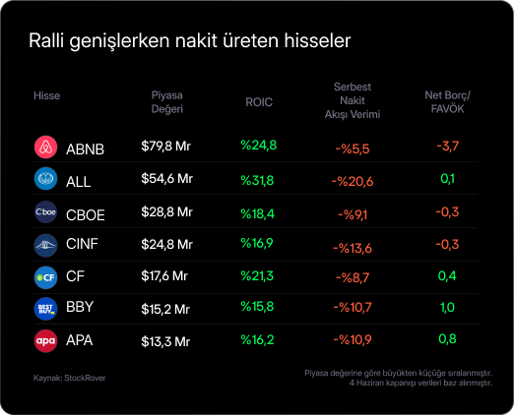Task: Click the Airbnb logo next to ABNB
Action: (45, 147)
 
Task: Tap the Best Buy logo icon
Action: (45, 309)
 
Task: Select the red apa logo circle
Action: (45, 341)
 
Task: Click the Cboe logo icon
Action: (45, 212)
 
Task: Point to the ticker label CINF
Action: (82, 244)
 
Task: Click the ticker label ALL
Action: (79, 182)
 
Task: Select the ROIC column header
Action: (259, 102)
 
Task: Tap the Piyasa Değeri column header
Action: (166, 102)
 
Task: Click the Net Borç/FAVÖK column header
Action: (447, 102)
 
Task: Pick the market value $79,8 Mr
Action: (165, 147)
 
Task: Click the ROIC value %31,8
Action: (257, 180)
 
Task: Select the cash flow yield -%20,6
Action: (353, 181)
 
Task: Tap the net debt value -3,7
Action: (448, 147)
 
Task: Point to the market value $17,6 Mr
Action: (164, 276)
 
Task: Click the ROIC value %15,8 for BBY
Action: (257, 307)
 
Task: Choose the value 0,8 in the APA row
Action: (447, 339)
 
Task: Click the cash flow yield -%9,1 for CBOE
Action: (353, 214)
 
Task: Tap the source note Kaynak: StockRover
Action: (70, 378)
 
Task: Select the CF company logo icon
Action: (45, 277)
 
